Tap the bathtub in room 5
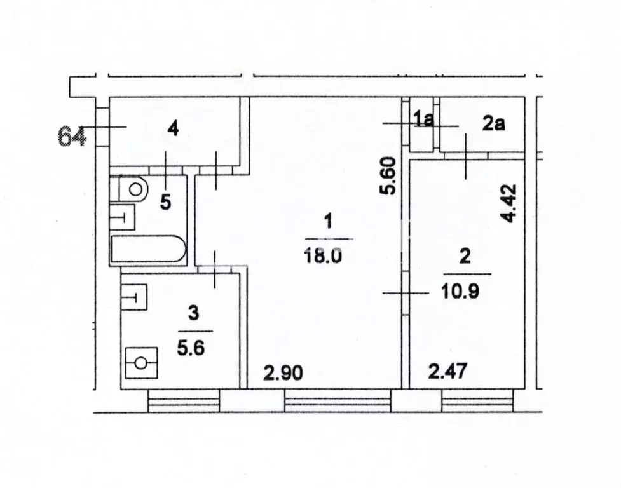(147, 250)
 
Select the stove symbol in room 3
(141, 363)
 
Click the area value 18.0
(327, 255)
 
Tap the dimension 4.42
(508, 203)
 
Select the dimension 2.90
(283, 373)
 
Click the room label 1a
(423, 119)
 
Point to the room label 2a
(493, 123)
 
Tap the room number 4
(172, 129)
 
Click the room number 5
(165, 202)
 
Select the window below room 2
(477, 402)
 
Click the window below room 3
(184, 402)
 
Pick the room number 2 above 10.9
(465, 257)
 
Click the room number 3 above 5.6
(194, 313)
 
